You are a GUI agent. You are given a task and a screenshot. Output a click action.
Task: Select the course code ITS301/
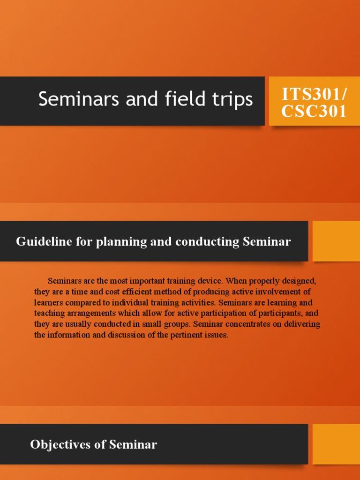(x=315, y=94)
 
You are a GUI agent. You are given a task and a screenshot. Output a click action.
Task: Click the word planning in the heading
(x=121, y=242)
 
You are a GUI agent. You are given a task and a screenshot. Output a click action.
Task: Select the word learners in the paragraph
(x=48, y=303)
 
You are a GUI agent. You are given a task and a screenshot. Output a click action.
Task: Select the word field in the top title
(x=188, y=99)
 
